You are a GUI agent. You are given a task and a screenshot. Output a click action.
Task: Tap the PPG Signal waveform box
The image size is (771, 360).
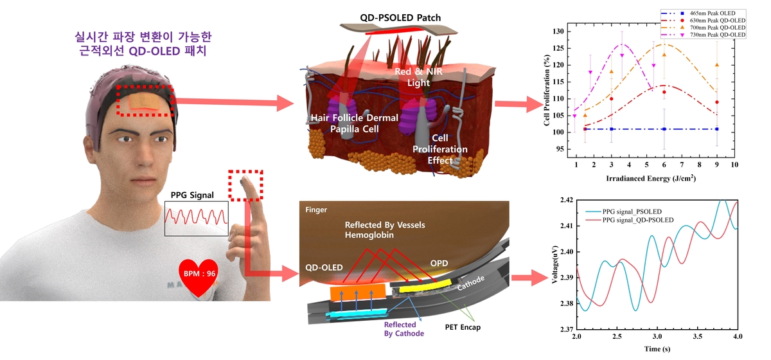coord(197,218)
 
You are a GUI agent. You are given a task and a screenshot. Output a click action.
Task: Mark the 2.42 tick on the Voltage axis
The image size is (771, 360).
coord(566,201)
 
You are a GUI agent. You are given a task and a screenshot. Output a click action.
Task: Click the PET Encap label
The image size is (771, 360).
coord(462,327)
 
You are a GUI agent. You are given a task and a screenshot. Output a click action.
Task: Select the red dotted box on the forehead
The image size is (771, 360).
coord(145,100)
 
